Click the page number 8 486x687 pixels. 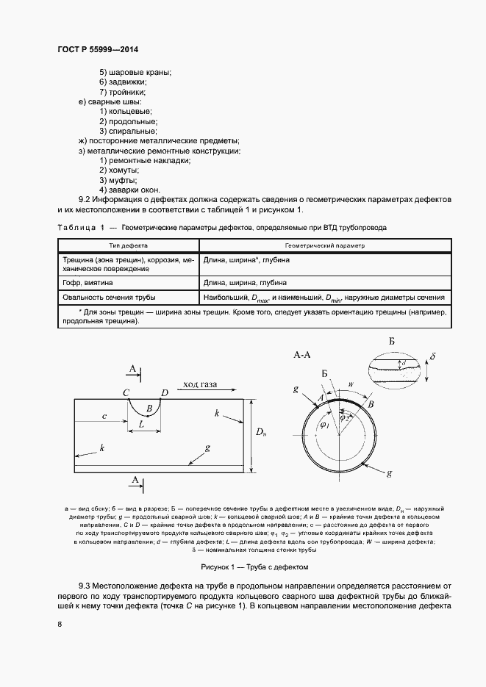(x=59, y=625)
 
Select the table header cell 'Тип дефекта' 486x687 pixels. (x=129, y=246)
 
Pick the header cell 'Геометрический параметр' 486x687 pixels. (x=324, y=246)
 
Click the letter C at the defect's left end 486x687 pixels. (x=126, y=393)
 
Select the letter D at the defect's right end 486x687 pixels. (x=165, y=393)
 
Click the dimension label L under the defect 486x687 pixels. (x=141, y=425)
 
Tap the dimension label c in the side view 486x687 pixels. (x=104, y=417)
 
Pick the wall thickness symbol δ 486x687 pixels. (x=433, y=358)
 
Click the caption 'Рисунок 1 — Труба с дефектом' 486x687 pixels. (x=254, y=567)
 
